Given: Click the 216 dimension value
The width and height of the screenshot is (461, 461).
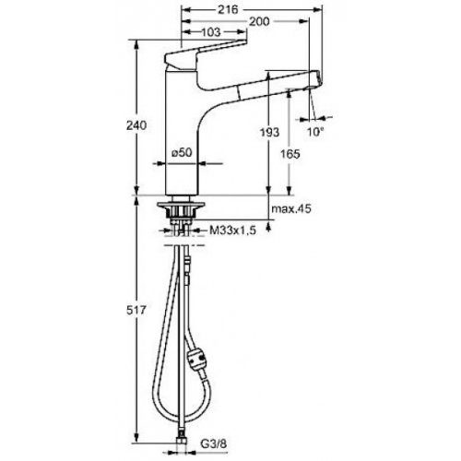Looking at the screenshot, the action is pos(228,10).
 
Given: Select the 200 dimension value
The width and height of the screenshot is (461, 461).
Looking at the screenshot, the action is pos(259,21).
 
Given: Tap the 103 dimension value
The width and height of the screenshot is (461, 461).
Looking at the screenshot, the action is pos(211,32).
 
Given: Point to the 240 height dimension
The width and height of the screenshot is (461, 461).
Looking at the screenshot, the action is pos(136,125).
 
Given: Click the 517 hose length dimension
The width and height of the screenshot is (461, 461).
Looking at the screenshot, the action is pos(136,311).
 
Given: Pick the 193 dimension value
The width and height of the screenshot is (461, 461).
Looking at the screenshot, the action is pos(269,132).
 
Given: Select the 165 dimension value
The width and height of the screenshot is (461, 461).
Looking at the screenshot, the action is pos(290,154).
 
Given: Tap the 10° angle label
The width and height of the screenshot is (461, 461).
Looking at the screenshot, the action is pos(315,132).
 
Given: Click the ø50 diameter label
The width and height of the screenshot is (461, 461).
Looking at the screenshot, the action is pos(182,152).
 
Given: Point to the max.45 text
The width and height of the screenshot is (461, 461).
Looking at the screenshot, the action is pos(291,209).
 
